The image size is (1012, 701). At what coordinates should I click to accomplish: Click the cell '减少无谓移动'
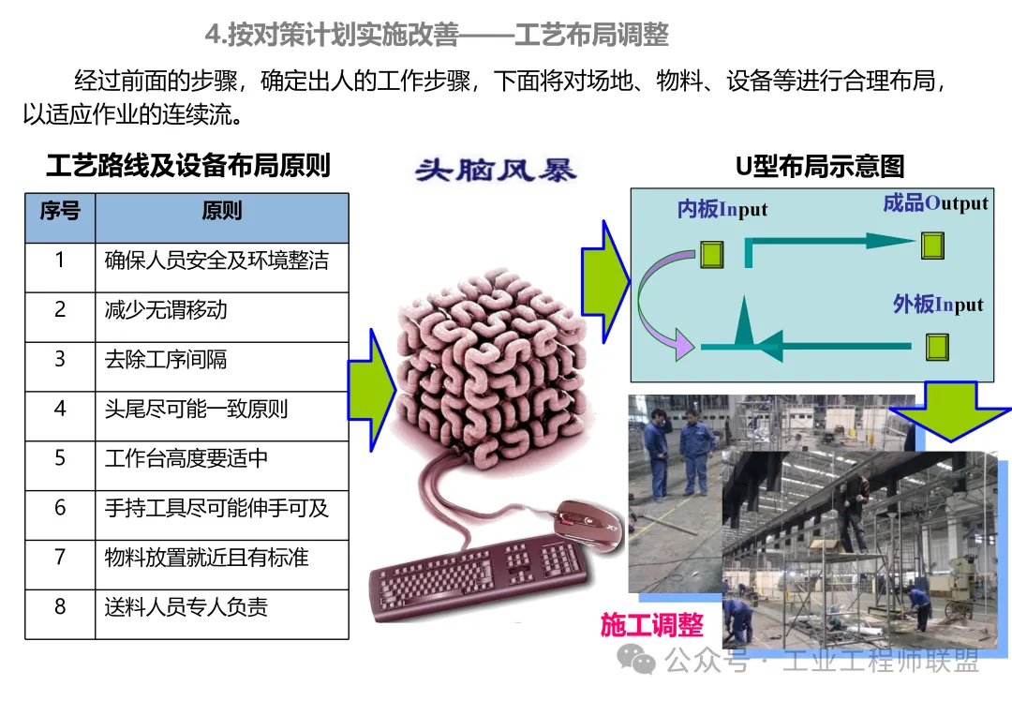click(222, 318)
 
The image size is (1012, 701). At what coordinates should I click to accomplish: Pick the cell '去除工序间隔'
click(222, 366)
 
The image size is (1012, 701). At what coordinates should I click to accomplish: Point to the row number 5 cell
click(60, 466)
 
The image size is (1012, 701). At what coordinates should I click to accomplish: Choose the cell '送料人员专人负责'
click(222, 615)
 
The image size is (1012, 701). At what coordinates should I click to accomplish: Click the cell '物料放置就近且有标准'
click(222, 565)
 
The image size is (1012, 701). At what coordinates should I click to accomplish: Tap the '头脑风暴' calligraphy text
click(495, 171)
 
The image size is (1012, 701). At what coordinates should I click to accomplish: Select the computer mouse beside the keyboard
click(588, 525)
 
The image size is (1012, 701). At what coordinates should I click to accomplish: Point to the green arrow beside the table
click(372, 390)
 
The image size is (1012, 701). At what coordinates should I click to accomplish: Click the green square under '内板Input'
click(712, 254)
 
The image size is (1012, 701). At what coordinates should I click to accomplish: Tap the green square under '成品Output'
click(932, 246)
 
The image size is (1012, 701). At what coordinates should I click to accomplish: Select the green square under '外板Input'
click(937, 348)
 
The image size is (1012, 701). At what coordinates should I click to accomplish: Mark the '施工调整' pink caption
click(652, 625)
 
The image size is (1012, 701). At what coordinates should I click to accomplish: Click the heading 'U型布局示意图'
click(820, 167)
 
